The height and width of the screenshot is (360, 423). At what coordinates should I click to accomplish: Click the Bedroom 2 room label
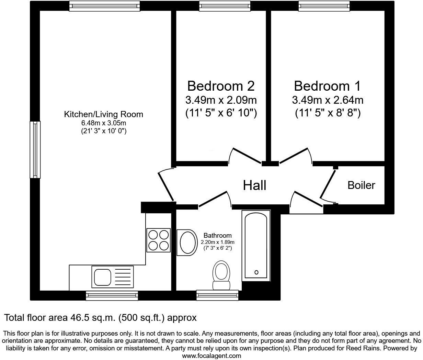pos(221,86)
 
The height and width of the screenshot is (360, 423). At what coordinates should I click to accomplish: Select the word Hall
pos(254,185)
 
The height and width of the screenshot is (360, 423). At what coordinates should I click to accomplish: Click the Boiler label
pos(361,185)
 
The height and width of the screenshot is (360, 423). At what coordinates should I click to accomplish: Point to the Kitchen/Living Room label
pos(103,114)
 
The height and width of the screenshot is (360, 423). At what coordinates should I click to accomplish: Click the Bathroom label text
pos(217,236)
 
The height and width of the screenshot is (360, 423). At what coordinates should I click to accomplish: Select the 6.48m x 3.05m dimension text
pos(103,123)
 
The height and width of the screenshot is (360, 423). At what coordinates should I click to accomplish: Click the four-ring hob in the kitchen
pos(158,240)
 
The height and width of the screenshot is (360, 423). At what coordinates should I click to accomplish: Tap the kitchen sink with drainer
pos(111,277)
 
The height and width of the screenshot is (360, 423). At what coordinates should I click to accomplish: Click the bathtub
pos(256,246)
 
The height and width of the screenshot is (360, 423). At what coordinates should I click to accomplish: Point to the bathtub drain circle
pos(256,272)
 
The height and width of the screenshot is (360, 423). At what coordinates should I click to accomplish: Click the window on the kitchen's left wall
pos(35,150)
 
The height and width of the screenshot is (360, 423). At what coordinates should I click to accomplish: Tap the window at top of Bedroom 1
pos(324,5)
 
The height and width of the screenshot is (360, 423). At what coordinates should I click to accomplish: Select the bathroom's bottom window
pos(217,295)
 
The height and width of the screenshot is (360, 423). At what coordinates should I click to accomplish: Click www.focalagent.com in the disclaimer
pos(211,356)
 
